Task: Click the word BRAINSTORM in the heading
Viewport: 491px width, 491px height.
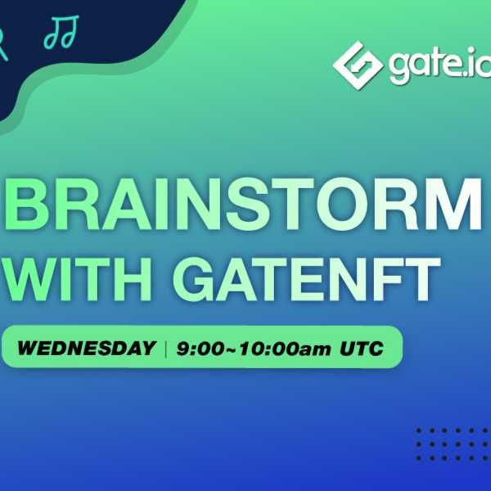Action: pyautogui.click(x=243, y=204)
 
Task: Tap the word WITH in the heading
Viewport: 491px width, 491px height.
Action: pyautogui.click(x=77, y=279)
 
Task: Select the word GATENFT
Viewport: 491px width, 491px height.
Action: pyautogui.click(x=307, y=279)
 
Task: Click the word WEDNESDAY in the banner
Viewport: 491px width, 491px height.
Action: pyautogui.click(x=87, y=348)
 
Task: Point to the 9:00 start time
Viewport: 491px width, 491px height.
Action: pyautogui.click(x=200, y=349)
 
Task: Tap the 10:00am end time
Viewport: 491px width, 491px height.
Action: pyautogui.click(x=285, y=349)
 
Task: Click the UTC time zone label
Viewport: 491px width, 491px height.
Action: pyautogui.click(x=362, y=349)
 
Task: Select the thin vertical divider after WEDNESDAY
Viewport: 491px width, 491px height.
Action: pyautogui.click(x=165, y=349)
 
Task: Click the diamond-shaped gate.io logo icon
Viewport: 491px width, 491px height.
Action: pyautogui.click(x=358, y=65)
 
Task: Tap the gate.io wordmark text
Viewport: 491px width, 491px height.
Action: pyautogui.click(x=439, y=65)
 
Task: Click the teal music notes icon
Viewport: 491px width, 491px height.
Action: pyautogui.click(x=61, y=32)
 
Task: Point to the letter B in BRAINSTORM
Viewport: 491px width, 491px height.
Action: pyautogui.click(x=28, y=204)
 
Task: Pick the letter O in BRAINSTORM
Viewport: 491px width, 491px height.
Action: pyautogui.click(x=344, y=204)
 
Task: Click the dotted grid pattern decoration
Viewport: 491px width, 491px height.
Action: pyautogui.click(x=453, y=444)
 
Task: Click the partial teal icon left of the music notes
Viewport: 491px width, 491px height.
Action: pyautogui.click(x=3, y=44)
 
